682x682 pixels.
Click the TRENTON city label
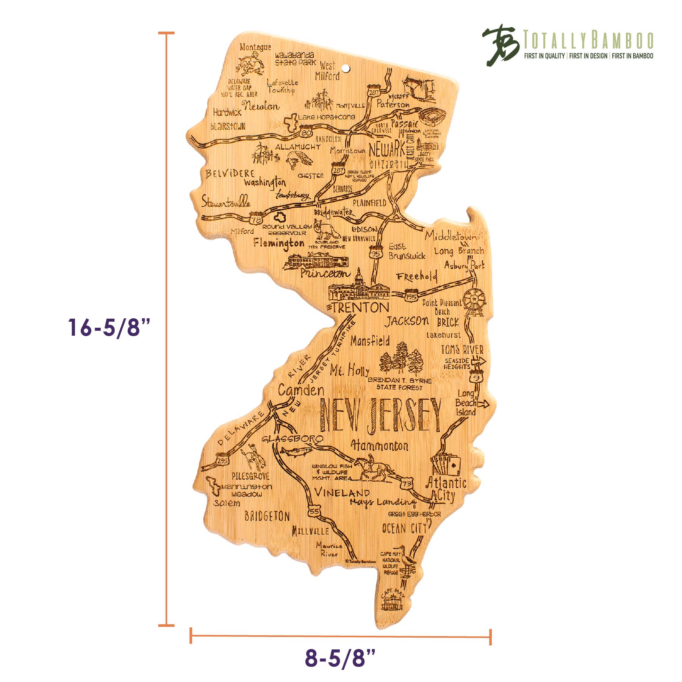click(360, 308)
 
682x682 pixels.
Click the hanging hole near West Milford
click(346, 69)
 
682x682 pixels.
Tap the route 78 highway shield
click(256, 219)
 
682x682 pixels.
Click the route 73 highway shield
click(407, 484)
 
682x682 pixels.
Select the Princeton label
click(325, 273)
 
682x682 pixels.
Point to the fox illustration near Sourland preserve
click(327, 230)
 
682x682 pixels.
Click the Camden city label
click(301, 390)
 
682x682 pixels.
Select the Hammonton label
click(380, 446)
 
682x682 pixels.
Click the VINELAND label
click(342, 493)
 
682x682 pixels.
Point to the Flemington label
click(278, 243)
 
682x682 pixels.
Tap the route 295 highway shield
click(222, 460)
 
